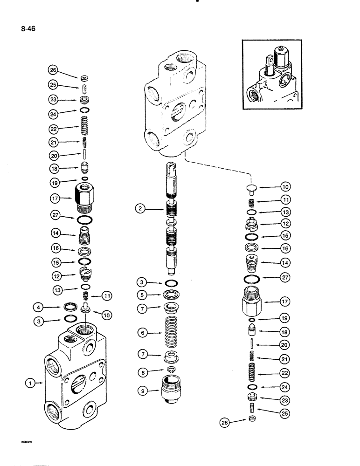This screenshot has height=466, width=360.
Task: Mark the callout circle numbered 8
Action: click(x=144, y=371)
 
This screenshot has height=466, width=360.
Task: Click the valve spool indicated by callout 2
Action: click(x=172, y=219)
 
